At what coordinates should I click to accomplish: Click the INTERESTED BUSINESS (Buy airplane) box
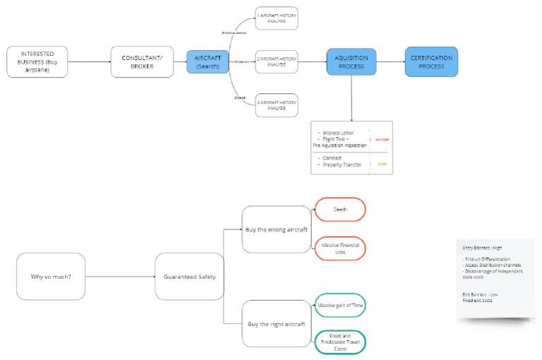point(37,62)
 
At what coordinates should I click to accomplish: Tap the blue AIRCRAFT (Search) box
point(207,62)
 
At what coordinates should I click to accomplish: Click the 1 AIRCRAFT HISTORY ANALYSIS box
point(277,18)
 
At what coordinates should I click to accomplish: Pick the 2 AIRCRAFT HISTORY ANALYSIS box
point(277,62)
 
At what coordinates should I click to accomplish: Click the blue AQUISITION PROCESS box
point(351,61)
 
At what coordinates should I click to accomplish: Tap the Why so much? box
point(50,276)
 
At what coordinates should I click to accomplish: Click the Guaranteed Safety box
point(186,276)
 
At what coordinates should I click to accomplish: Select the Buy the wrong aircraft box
point(276,229)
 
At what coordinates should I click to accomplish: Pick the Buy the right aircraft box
point(276,323)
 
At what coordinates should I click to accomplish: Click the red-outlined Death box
point(339,209)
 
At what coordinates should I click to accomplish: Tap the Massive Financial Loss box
point(339,248)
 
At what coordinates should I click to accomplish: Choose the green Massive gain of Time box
point(339,305)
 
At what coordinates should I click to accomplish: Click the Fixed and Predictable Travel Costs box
point(339,342)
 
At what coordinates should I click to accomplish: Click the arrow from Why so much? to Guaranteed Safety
point(120,276)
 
